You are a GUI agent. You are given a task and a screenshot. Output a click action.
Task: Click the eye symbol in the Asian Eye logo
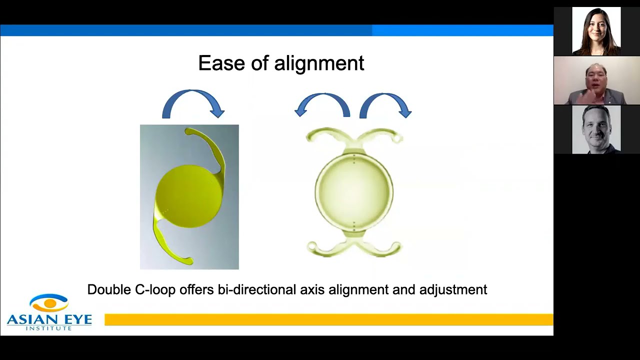pyautogui.click(x=49, y=302)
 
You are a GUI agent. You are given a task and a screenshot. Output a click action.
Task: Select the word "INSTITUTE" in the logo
pyautogui.click(x=48, y=327)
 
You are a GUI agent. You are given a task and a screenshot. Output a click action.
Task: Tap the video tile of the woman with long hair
pyautogui.click(x=596, y=31)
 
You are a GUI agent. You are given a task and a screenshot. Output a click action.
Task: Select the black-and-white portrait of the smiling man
pyautogui.click(x=596, y=129)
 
